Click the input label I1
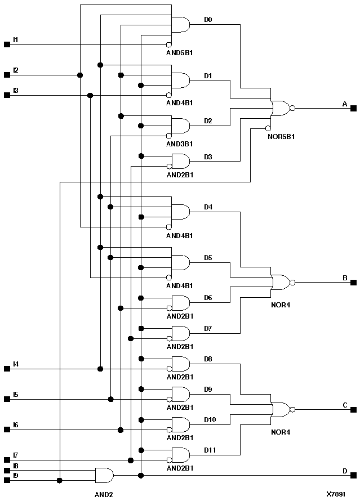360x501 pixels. coord(16,39)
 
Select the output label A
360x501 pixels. coord(345,104)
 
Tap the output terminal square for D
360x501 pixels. coord(353,475)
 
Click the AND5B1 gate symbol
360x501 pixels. coord(180,25)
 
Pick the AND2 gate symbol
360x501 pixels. coord(104,475)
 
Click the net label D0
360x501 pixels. coord(208,19)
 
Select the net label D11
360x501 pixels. coord(210,449)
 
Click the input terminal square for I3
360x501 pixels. coord(7,95)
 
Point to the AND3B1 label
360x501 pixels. coord(180,144)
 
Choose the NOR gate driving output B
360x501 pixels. coord(281,282)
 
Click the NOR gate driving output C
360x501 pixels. coord(281,409)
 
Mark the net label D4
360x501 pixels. coord(208,207)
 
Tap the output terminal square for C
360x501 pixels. coord(353,409)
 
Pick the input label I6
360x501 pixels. coord(16,424)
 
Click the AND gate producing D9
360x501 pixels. coord(180,394)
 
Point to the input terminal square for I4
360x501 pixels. coord(7,369)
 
